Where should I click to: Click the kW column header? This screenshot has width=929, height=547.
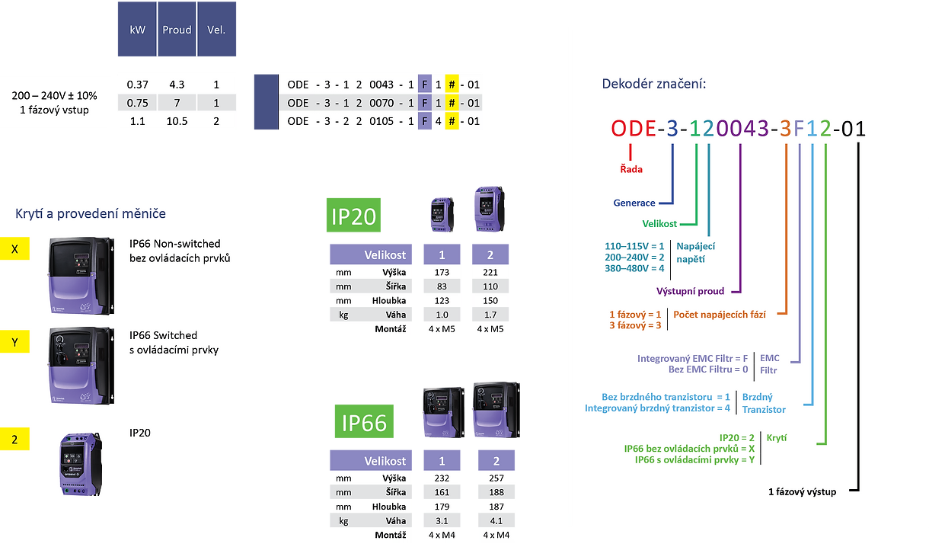(137, 30)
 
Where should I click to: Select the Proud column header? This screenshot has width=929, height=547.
(177, 30)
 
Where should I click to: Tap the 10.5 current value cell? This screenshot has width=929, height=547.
(177, 121)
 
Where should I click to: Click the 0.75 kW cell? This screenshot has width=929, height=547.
(137, 102)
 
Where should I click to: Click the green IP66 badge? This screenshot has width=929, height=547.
(364, 423)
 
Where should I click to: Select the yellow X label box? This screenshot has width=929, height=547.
(15, 249)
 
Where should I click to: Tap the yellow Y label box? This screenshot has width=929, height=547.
(15, 343)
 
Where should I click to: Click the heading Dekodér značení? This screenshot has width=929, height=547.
(653, 84)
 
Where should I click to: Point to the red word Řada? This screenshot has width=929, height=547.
(631, 169)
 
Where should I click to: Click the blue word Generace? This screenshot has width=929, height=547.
(635, 203)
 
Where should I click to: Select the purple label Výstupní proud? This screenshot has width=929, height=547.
(690, 291)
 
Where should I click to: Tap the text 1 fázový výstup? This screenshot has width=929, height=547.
(802, 492)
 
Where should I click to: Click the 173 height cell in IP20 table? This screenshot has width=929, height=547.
(442, 272)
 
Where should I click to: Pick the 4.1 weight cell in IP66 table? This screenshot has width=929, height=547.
(496, 520)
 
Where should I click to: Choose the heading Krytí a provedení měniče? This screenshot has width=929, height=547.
(91, 214)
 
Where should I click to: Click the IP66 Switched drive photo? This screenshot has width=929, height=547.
(80, 364)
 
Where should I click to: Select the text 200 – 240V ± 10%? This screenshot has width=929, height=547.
(55, 96)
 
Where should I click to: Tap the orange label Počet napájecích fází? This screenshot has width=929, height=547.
(720, 314)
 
